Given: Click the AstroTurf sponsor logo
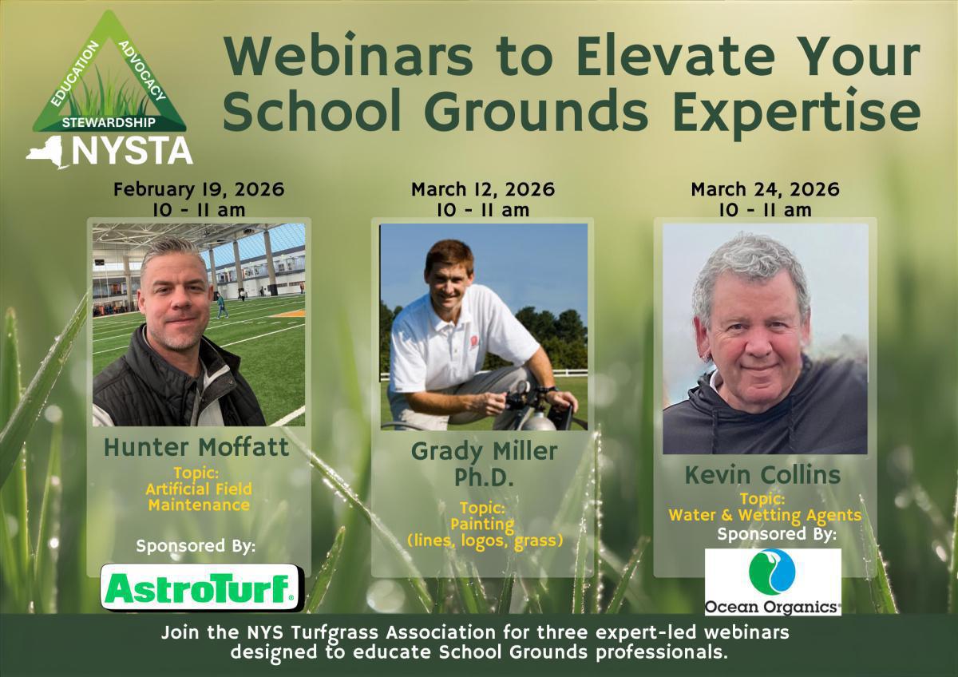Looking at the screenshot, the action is click(x=202, y=588).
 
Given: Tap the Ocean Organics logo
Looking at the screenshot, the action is click(x=773, y=582).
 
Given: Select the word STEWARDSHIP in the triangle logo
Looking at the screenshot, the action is click(x=109, y=123).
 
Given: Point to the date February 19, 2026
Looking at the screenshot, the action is click(x=199, y=189).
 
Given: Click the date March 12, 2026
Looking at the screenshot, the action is click(x=483, y=189).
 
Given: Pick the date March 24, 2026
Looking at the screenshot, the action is click(x=765, y=189).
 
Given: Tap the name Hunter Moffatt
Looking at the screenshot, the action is click(x=196, y=447).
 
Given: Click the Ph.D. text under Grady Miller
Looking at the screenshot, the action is click(x=484, y=477).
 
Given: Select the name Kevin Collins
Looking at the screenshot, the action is click(x=763, y=475).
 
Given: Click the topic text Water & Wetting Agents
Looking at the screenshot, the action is click(x=765, y=516).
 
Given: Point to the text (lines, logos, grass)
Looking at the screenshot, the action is click(x=485, y=540).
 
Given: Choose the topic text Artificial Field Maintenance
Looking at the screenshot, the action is click(x=199, y=497).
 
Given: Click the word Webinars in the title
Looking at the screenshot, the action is click(x=349, y=57).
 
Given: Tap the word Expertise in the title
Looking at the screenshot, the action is click(x=797, y=110).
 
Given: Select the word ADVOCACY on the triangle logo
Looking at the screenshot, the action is click(x=142, y=71).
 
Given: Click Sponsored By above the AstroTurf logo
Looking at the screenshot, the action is click(x=196, y=546).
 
